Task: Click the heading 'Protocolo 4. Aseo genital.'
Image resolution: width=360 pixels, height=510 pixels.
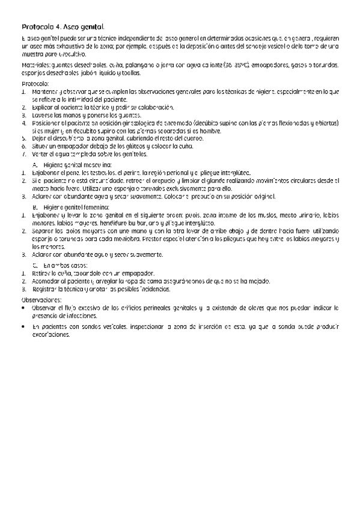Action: pyautogui.click(x=63, y=27)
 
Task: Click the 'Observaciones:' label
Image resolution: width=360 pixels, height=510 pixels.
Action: pyautogui.click(x=41, y=299)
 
